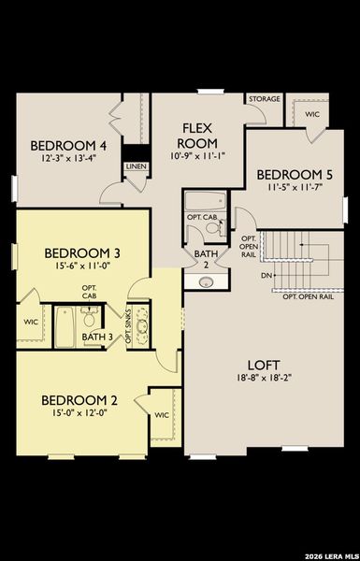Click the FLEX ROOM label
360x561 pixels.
tap(199, 136)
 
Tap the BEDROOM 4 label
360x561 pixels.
tap(68, 145)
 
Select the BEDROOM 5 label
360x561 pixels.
tap(294, 174)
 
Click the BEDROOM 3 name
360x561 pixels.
tap(81, 252)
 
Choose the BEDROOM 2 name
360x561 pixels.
tap(78, 400)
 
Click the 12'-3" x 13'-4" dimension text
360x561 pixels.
tap(68, 159)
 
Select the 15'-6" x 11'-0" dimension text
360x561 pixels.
tap(81, 267)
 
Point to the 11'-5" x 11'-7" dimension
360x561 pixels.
tap(294, 188)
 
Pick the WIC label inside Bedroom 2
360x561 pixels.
tap(161, 414)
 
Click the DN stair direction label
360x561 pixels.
tap(266, 276)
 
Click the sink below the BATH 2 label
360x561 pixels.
tap(206, 280)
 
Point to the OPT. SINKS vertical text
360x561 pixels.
tap(129, 324)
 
